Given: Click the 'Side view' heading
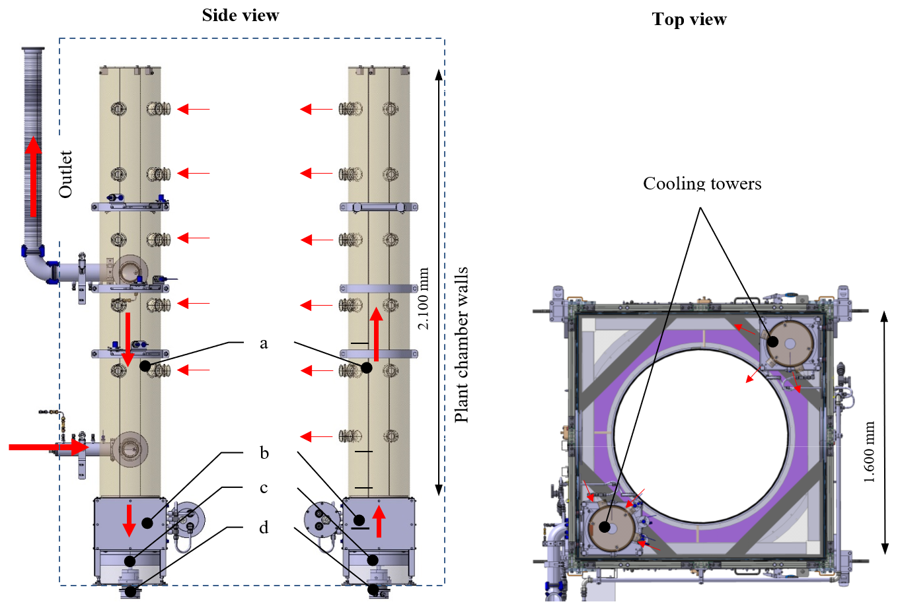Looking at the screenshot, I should [241, 15].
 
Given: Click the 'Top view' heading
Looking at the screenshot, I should [689, 20].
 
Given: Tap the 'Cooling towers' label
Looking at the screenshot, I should [702, 184].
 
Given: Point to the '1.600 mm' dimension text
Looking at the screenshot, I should [869, 452].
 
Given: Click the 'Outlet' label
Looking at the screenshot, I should [65, 174].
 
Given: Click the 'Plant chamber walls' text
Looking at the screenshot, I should [461, 345].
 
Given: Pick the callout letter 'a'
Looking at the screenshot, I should [264, 343].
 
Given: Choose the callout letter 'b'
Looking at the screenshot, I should [264, 453].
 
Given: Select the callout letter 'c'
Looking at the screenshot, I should [264, 488].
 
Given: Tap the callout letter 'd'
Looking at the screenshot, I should [264, 527].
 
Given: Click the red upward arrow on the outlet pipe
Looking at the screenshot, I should [32, 174].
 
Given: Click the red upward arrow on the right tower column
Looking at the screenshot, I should [376, 334].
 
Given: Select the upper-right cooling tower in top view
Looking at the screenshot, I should [790, 344].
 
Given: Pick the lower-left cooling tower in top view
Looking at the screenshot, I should [611, 528].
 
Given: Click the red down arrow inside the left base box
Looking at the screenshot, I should [130, 520].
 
